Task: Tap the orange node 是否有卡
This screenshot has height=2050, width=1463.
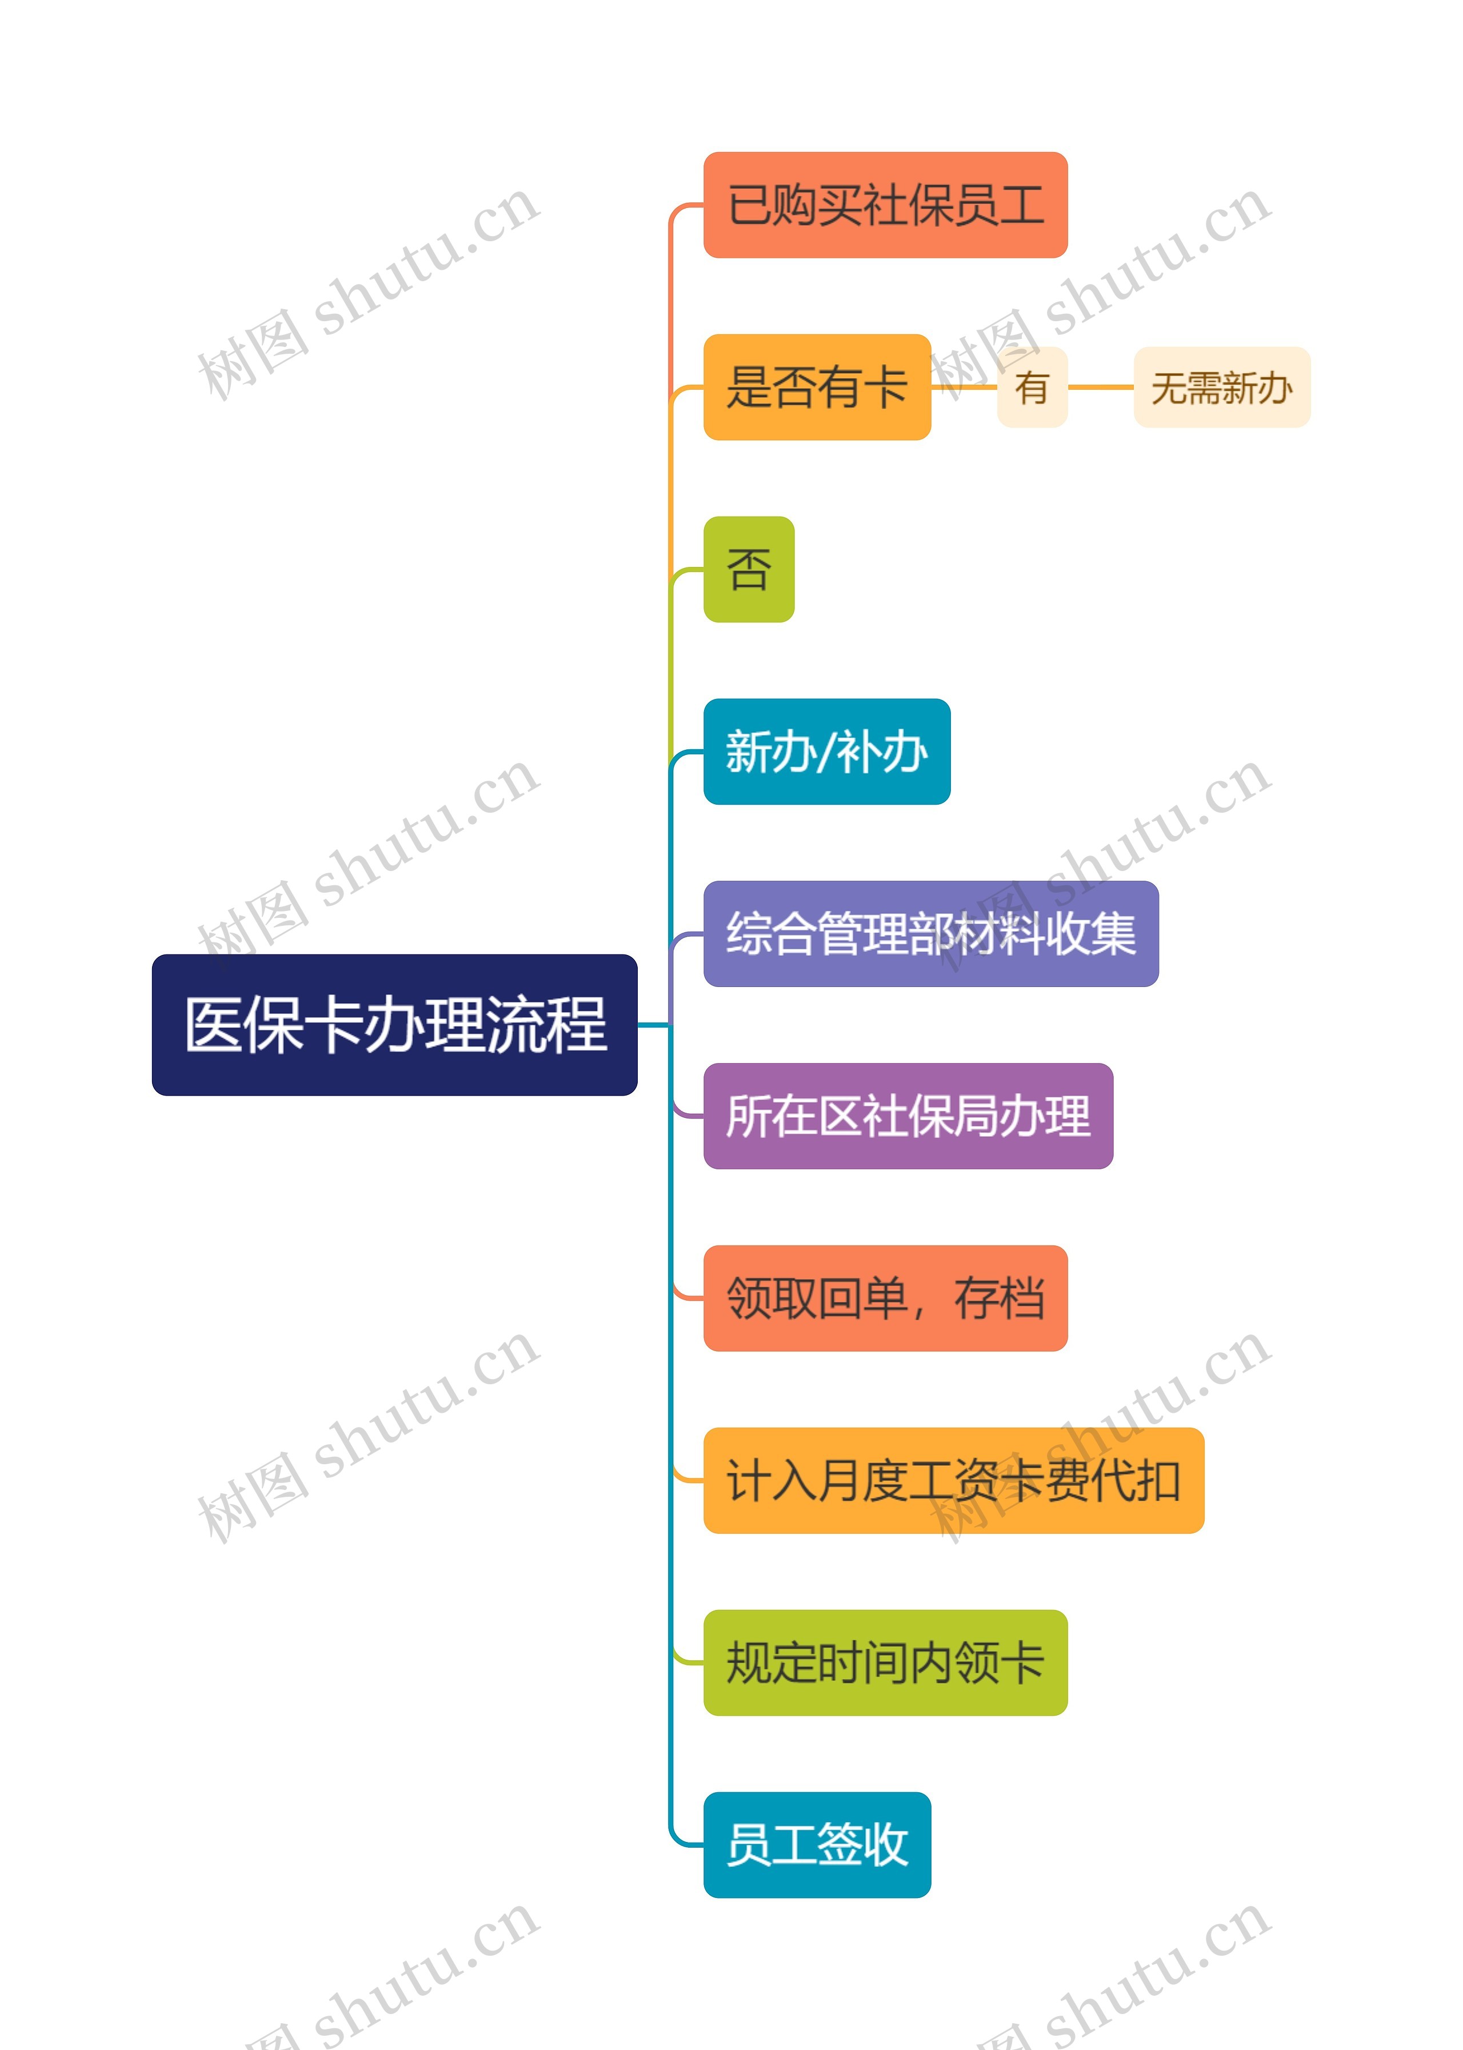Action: (x=816, y=387)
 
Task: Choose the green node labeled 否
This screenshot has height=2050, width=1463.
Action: (x=749, y=569)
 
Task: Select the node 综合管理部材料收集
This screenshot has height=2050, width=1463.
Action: (x=930, y=934)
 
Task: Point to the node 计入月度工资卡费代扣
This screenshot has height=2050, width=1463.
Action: (x=953, y=1481)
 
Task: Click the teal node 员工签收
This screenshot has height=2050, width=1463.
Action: (x=816, y=1845)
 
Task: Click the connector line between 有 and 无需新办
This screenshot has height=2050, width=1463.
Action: (x=1100, y=387)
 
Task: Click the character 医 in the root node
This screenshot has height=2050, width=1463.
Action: (x=214, y=1025)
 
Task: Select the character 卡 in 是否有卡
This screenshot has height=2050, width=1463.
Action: (x=886, y=388)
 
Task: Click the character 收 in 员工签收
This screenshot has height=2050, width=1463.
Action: (x=886, y=1845)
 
